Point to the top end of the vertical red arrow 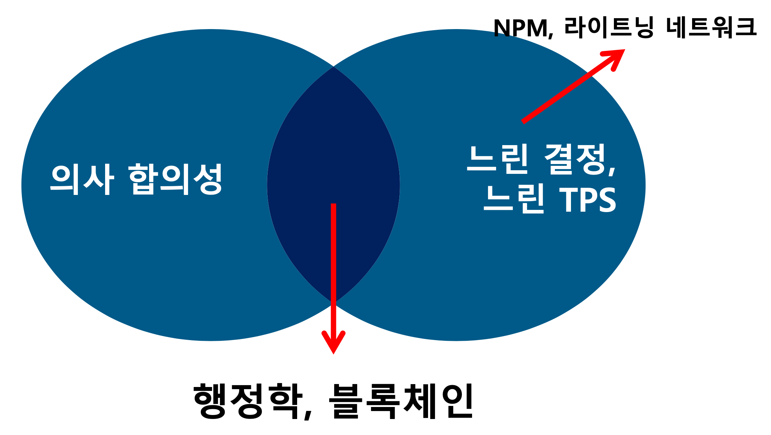coord(333,205)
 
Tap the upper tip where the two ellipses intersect coord(333,67)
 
